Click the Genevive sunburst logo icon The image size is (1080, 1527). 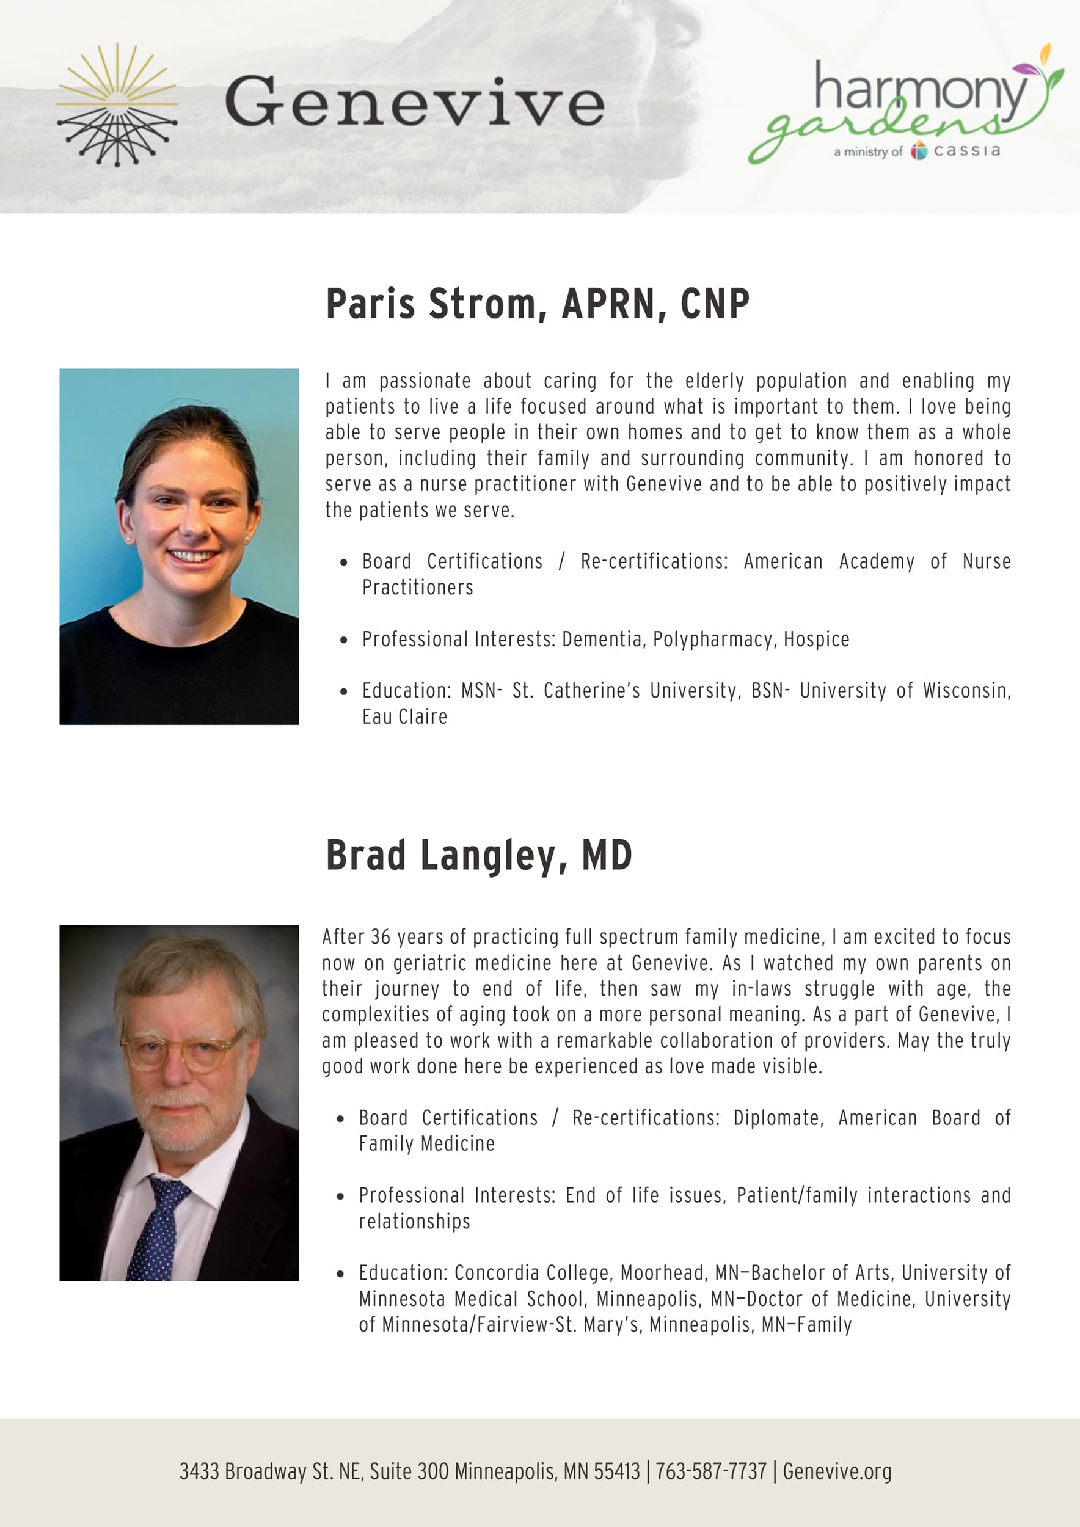[x=117, y=105]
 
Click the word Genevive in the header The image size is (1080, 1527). [x=414, y=101]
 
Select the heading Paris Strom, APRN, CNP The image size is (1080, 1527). [x=538, y=304]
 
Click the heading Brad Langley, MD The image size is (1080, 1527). [x=479, y=855]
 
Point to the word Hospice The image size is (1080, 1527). [x=816, y=639]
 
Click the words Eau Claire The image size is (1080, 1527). [x=404, y=717]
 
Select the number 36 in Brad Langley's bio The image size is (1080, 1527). [x=381, y=937]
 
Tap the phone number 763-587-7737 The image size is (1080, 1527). [x=711, y=1471]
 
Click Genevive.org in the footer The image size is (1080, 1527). [x=837, y=1471]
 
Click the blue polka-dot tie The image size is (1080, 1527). [x=157, y=1227]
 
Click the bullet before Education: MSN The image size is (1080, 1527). [x=343, y=691]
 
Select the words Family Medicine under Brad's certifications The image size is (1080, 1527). [x=426, y=1144]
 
